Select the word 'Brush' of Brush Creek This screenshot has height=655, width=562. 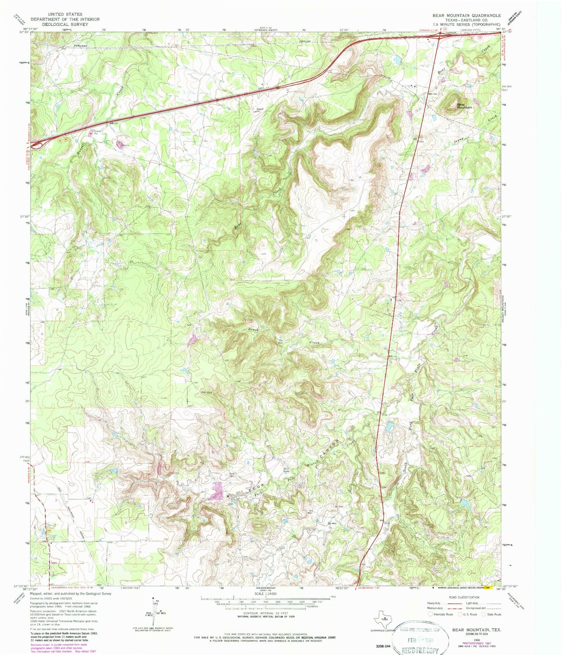(x=254, y=329)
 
